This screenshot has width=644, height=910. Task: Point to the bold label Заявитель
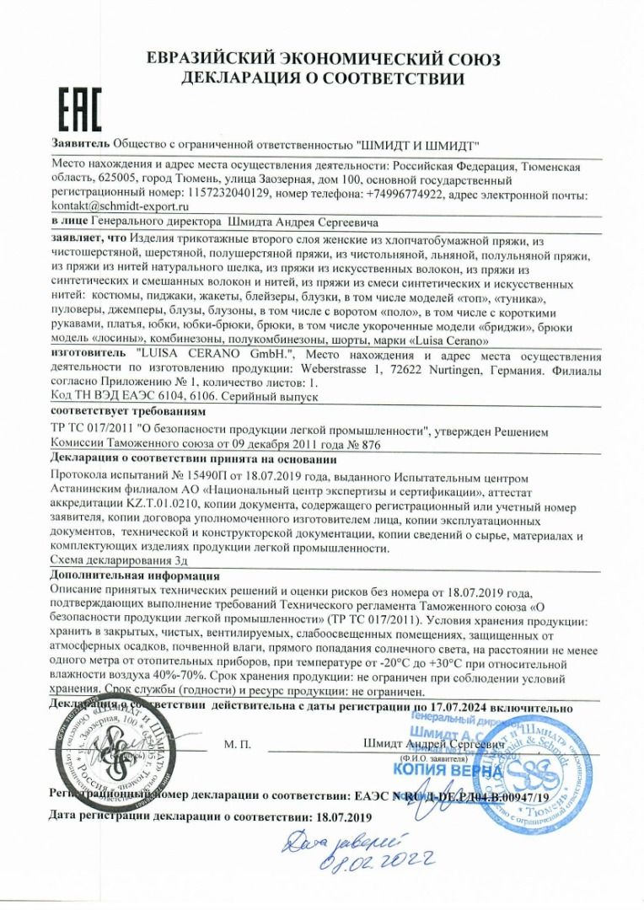[80, 144]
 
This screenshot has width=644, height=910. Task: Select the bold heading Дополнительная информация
[136, 575]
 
